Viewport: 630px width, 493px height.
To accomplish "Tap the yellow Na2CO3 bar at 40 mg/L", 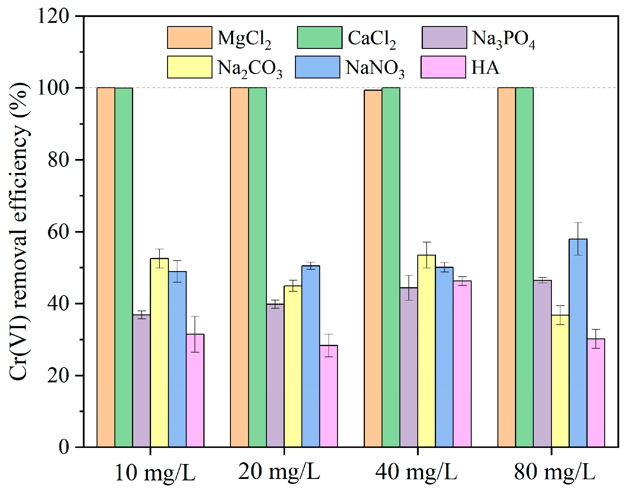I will click(426, 351).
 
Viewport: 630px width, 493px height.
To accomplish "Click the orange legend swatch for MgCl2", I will click(190, 37).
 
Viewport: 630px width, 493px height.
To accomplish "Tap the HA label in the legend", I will click(485, 67).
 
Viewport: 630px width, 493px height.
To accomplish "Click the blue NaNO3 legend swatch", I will click(317, 67).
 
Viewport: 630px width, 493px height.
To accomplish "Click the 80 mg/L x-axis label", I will click(555, 472).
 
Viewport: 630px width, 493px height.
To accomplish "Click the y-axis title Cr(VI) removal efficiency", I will click(19, 231).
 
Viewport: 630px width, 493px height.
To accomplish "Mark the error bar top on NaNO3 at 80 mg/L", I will click(578, 223).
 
